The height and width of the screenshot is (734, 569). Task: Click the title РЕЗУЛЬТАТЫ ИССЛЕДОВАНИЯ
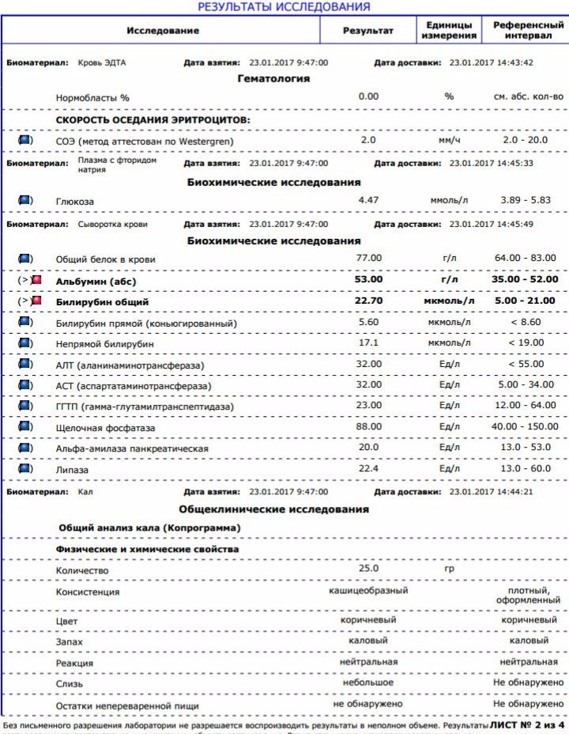tap(284, 7)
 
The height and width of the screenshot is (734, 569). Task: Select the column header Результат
tap(367, 30)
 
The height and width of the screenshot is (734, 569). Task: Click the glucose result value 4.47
tap(369, 201)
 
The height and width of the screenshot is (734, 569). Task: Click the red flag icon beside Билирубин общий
tap(36, 301)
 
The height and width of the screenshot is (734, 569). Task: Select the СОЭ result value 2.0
tap(368, 140)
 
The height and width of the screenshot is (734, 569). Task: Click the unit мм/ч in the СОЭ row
tap(449, 140)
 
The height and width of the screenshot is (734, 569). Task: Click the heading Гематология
tap(273, 78)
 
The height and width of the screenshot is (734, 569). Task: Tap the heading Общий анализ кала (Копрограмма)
tap(150, 527)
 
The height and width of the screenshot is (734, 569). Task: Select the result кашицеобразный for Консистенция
tap(368, 591)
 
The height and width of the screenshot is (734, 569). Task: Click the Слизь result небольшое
tap(368, 682)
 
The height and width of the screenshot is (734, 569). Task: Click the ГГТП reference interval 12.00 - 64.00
tap(523, 407)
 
